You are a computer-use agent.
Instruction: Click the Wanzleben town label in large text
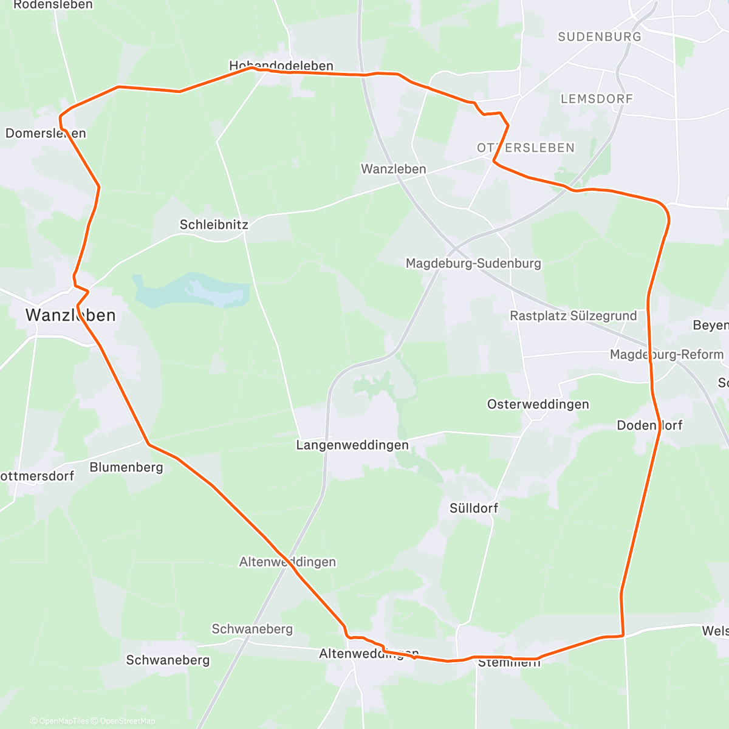[70, 315]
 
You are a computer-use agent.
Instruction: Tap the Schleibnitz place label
[214, 225]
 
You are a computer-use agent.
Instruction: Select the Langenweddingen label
[352, 445]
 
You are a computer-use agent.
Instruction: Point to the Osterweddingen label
[538, 405]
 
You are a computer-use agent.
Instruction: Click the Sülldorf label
[474, 508]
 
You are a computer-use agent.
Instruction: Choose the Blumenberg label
[126, 467]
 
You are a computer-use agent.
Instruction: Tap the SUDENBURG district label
[599, 37]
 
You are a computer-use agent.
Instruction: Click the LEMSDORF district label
[597, 98]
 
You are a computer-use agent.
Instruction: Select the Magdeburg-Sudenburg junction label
[473, 264]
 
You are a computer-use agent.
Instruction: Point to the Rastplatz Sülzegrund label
[573, 316]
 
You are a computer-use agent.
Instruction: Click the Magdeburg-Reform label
[666, 355]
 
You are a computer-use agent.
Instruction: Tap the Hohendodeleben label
[281, 66]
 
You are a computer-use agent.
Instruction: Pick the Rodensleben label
[53, 5]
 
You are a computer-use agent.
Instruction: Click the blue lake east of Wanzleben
[188, 290]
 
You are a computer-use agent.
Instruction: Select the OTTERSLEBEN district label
[525, 148]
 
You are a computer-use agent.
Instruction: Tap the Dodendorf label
[649, 425]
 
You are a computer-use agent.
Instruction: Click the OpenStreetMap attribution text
[128, 721]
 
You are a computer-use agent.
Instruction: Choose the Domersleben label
[46, 134]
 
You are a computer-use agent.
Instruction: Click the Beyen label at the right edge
[710, 326]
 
